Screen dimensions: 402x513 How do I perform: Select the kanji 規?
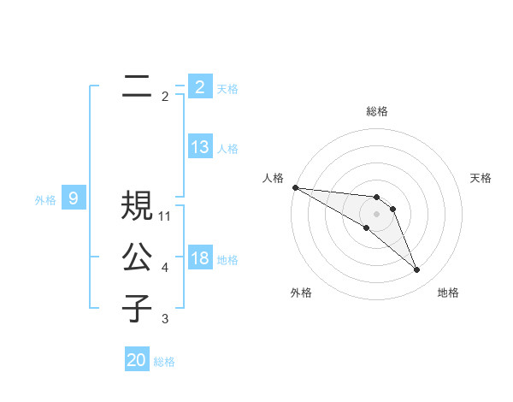(137, 205)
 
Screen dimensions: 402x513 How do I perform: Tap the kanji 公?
(137, 257)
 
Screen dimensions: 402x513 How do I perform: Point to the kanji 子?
(137, 308)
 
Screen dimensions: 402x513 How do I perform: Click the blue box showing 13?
(199, 147)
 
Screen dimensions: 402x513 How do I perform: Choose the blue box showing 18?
(199, 258)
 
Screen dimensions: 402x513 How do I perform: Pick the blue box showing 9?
(74, 199)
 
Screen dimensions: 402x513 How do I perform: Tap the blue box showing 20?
(137, 360)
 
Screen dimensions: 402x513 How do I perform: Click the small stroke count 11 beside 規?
(165, 216)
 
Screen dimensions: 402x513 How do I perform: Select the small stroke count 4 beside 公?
(165, 268)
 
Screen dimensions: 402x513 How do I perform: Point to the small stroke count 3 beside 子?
(165, 319)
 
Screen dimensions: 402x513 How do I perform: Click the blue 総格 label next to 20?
(164, 362)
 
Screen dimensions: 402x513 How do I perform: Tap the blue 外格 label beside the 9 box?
(45, 200)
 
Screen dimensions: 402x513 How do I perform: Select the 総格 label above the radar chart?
(377, 111)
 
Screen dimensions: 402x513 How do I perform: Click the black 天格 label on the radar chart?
(481, 178)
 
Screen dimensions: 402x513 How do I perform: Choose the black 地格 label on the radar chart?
(448, 293)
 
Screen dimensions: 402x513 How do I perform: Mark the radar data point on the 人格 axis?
(295, 186)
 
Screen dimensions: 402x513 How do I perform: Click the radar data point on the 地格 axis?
(416, 269)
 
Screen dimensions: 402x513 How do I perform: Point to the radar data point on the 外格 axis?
(366, 228)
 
